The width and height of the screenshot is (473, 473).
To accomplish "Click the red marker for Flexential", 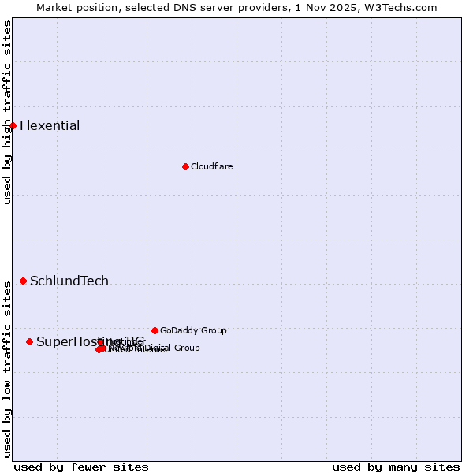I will point(13,125).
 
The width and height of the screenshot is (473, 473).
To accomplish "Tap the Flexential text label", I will point(50,126).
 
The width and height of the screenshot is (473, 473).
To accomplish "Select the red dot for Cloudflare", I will point(185,166).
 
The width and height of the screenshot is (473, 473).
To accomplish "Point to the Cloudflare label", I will point(212,167).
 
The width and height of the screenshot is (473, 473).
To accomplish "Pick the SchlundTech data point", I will point(23,281).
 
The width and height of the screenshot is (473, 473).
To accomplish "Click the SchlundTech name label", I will point(69,281).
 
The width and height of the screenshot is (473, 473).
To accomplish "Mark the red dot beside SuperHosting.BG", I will point(29,341).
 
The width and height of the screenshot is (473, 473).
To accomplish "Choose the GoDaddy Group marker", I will point(155,330).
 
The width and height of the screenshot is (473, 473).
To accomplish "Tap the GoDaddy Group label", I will point(193,331).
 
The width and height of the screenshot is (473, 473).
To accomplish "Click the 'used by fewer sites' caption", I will point(81,467).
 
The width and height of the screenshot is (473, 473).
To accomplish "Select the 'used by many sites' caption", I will point(396,467).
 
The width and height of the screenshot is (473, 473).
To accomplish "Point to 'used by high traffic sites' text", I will point(7,113).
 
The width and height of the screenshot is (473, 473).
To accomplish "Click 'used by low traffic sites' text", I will point(7,367).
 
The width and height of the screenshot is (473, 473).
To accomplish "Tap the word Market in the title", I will point(53,7).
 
